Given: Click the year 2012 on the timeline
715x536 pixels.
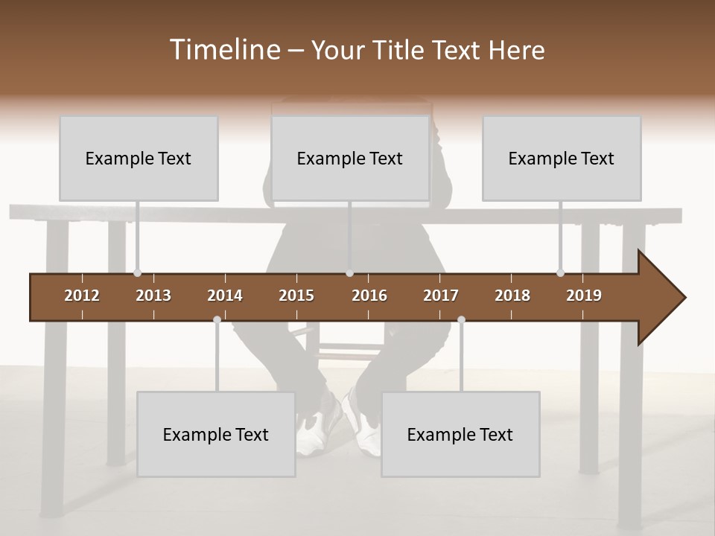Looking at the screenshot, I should click(82, 296).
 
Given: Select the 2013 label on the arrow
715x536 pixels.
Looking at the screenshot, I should click(153, 296).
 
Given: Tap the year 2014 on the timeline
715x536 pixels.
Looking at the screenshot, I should click(225, 296).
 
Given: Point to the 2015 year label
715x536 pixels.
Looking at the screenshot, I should click(296, 296).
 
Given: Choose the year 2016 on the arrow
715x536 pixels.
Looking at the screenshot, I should click(369, 296).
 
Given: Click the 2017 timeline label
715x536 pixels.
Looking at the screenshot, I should click(441, 296).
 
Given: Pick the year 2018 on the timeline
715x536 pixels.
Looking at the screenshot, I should click(512, 296).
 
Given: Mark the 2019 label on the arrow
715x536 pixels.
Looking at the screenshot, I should click(584, 296).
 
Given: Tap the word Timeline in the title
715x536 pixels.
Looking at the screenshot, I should click(223, 50).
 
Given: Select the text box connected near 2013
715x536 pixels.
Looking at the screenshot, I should click(139, 158).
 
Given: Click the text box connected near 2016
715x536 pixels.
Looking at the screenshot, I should click(350, 158).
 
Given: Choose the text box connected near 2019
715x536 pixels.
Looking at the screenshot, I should click(562, 158).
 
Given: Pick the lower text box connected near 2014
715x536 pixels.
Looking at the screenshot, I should click(216, 434).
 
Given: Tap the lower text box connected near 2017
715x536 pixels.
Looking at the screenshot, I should click(460, 434).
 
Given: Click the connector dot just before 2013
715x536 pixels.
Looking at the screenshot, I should click(137, 273).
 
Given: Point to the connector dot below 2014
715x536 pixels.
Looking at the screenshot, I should click(217, 319).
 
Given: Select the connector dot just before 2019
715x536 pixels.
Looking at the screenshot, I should click(560, 273).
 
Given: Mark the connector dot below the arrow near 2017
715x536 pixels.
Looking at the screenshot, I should click(461, 319).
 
